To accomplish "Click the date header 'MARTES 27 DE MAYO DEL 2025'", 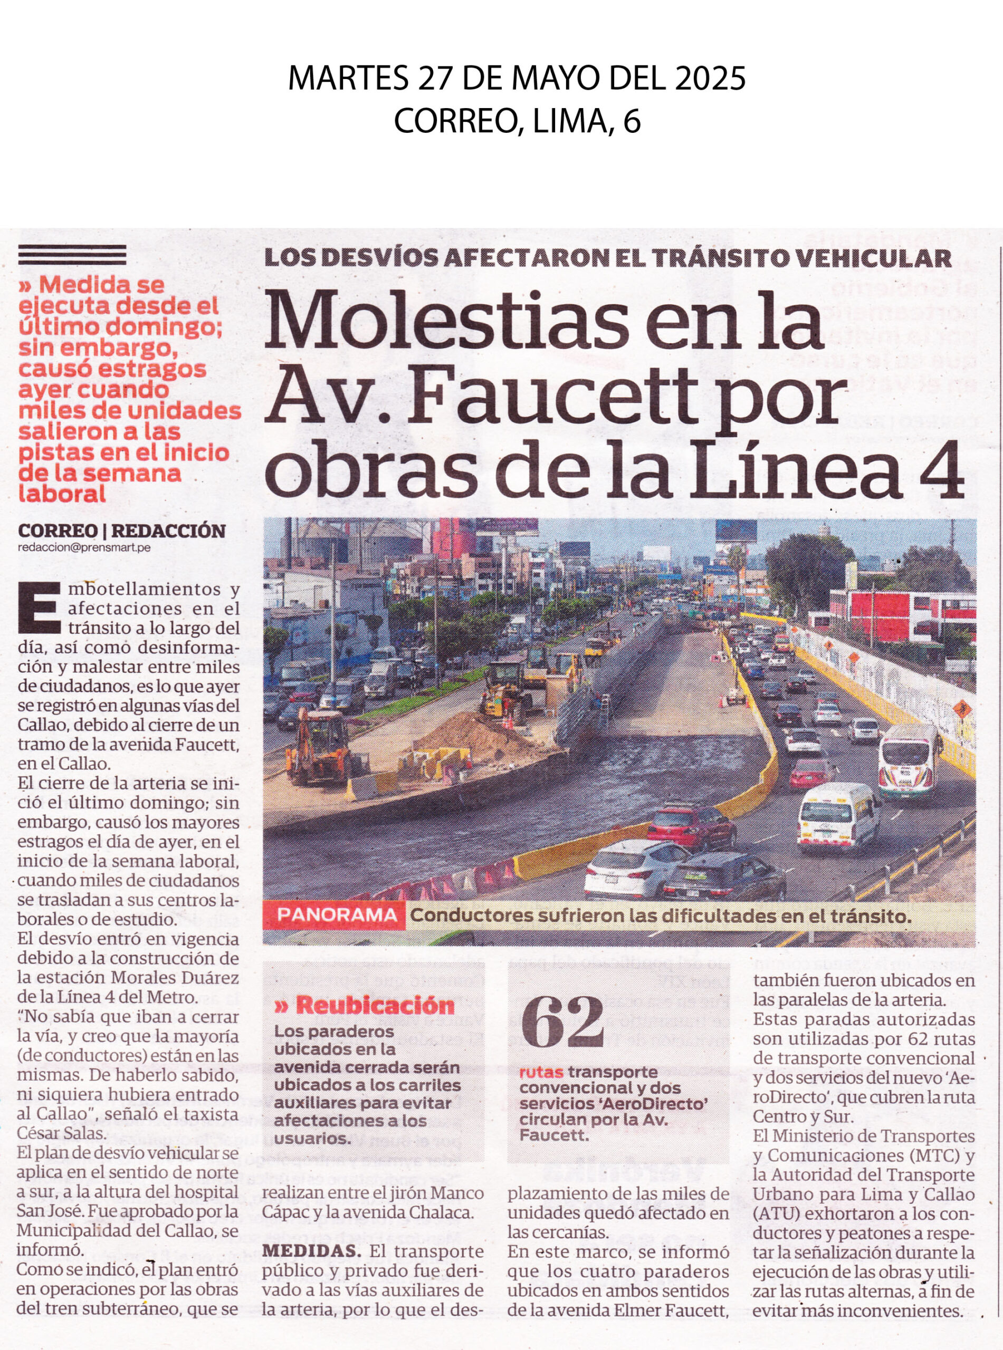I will click(x=517, y=79).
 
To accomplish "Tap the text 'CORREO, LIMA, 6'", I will click(x=517, y=122).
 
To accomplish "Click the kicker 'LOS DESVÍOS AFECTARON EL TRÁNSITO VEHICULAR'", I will click(x=607, y=258).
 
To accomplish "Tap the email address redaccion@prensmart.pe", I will click(x=84, y=547).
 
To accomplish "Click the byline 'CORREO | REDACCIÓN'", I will click(x=121, y=531).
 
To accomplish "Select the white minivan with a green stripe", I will click(x=838, y=817).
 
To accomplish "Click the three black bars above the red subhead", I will click(x=72, y=255).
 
